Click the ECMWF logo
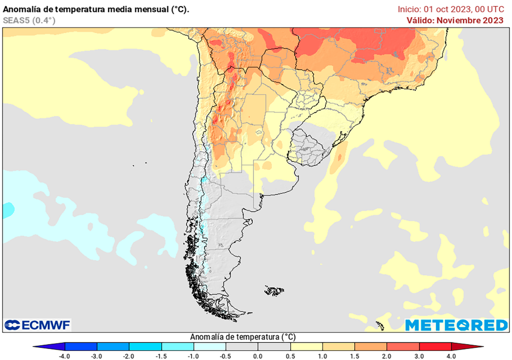37,325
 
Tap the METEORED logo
456,325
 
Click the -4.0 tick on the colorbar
64,356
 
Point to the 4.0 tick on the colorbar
451,356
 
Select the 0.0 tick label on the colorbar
258,356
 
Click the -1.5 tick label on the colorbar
161,356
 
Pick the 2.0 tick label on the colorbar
387,356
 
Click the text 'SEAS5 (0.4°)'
29,20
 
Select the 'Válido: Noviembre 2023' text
454,20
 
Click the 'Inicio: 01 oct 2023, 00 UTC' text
450,9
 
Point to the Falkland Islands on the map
274,290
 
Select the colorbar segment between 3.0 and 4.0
435,346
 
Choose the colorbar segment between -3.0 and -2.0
113,346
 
